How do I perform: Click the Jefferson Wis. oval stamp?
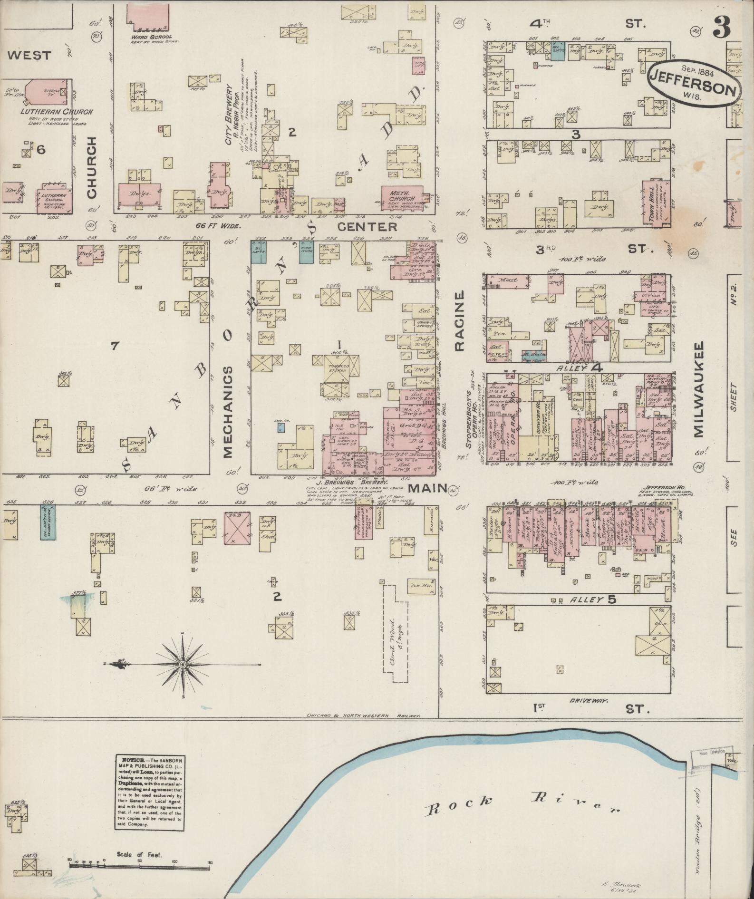[695, 81]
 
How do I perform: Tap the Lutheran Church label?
[56, 112]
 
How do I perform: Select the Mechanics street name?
[227, 412]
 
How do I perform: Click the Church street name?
[91, 167]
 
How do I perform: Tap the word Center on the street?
[367, 227]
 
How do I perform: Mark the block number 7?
[114, 346]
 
